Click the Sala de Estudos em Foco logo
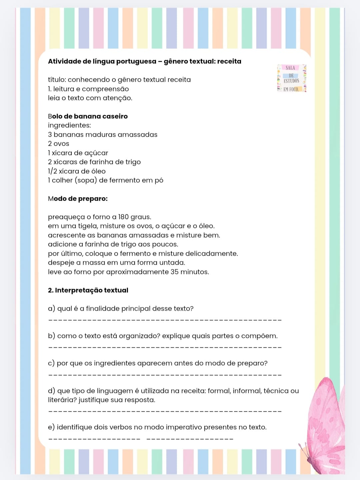(291, 78)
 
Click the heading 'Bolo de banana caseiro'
(88, 116)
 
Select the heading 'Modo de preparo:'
(78, 199)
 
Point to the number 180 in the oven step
(123, 217)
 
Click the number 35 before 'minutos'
(174, 272)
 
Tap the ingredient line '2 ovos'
(59, 144)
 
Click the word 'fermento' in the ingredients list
(124, 180)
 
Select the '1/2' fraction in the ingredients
(52, 171)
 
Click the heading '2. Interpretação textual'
(88, 290)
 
